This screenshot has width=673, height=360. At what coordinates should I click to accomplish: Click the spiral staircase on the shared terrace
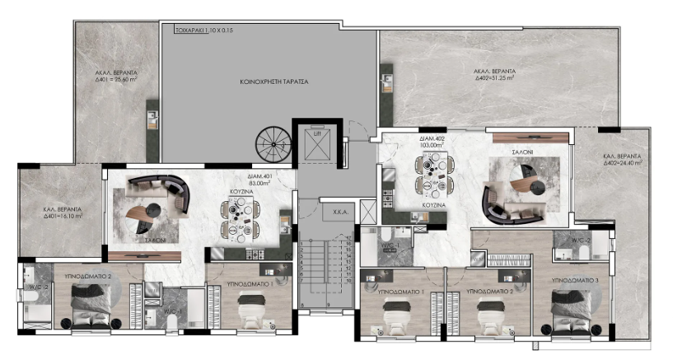(x=273, y=148)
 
